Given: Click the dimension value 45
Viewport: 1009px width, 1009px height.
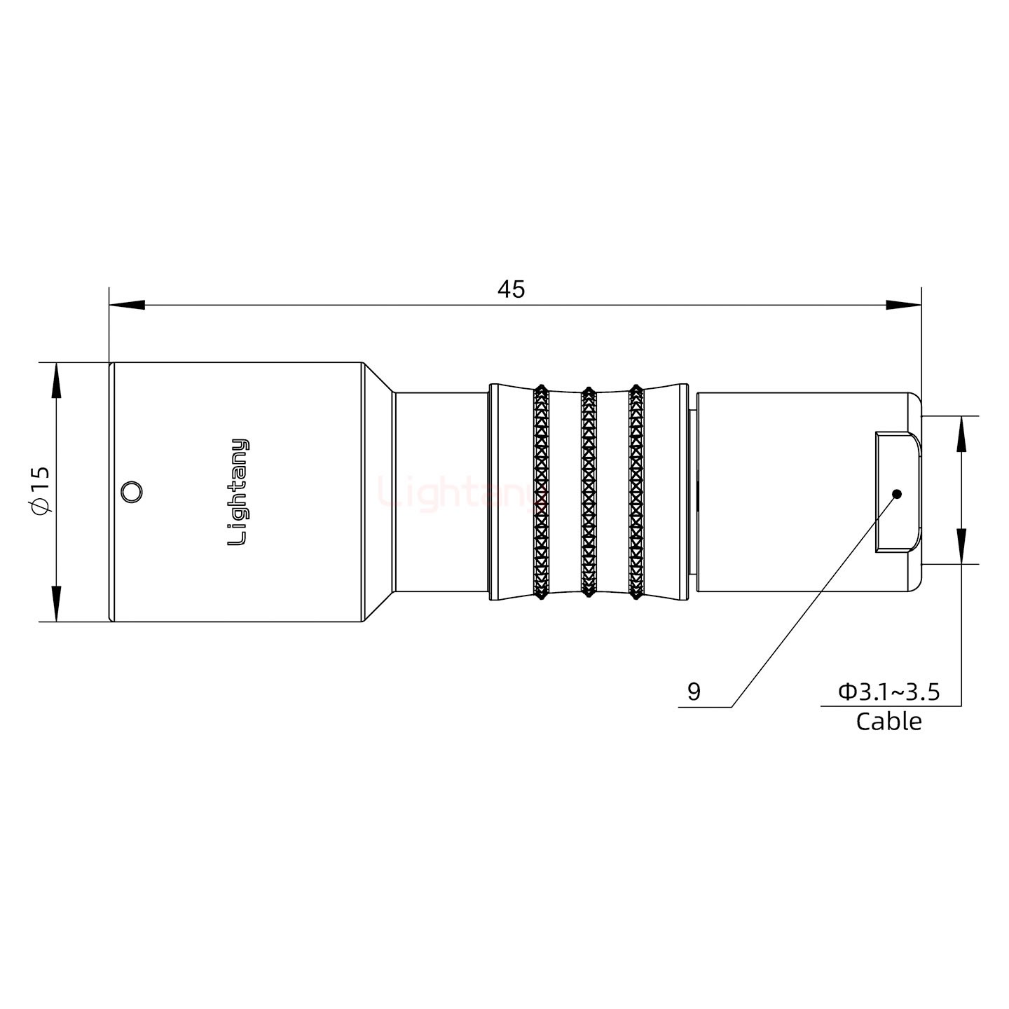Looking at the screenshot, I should click(x=511, y=289).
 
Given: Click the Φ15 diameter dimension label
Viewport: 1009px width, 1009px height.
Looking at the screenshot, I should click(x=41, y=490).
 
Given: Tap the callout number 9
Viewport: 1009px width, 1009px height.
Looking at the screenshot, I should click(x=694, y=692).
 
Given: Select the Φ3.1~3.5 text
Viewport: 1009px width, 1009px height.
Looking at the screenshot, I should click(x=889, y=692).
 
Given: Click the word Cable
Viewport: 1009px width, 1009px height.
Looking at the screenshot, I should click(x=888, y=721).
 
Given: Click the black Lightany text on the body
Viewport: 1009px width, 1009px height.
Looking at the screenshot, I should click(x=238, y=492).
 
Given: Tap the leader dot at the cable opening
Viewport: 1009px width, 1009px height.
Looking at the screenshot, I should click(x=896, y=494).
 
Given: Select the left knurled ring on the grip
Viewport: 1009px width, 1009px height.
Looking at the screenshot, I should click(x=540, y=492).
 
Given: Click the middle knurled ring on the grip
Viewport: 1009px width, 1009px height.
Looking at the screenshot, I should click(x=589, y=492).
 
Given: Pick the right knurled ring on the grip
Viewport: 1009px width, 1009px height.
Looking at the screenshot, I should click(x=636, y=492).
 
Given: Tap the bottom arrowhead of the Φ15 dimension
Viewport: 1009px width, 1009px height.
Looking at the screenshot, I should click(x=56, y=603).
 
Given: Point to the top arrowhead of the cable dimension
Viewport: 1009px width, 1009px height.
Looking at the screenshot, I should click(x=961, y=434).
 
